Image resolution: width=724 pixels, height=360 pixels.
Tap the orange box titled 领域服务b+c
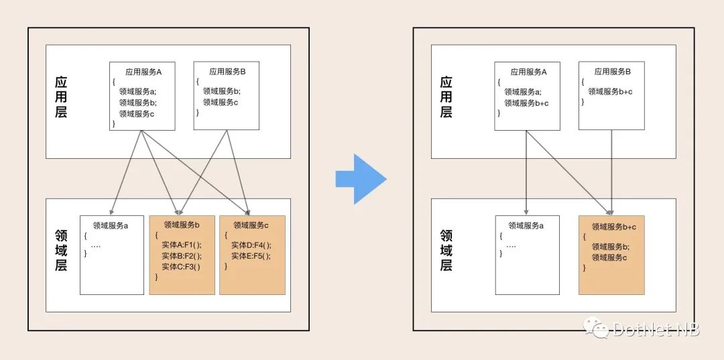tap(611, 255)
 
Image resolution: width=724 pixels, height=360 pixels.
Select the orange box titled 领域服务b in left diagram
tap(182, 255)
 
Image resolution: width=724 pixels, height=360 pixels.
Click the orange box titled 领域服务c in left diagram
tap(252, 255)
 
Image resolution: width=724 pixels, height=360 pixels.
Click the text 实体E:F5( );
tap(251, 255)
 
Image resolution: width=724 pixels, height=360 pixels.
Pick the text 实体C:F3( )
tap(180, 266)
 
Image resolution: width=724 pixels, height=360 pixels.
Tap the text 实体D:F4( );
tap(251, 245)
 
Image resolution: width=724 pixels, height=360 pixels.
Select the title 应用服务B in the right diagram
tap(612, 72)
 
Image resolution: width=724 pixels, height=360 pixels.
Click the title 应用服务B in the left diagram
tap(227, 72)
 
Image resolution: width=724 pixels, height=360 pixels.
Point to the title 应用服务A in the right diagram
tap(528, 72)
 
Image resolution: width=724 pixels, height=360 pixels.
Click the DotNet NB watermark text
tap(655, 328)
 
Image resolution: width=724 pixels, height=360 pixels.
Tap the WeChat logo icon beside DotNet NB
tap(596, 327)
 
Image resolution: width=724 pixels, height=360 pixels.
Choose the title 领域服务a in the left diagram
tap(111, 225)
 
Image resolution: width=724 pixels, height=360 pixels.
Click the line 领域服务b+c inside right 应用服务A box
tap(526, 103)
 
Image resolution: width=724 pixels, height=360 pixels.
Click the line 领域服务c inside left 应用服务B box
tap(221, 103)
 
